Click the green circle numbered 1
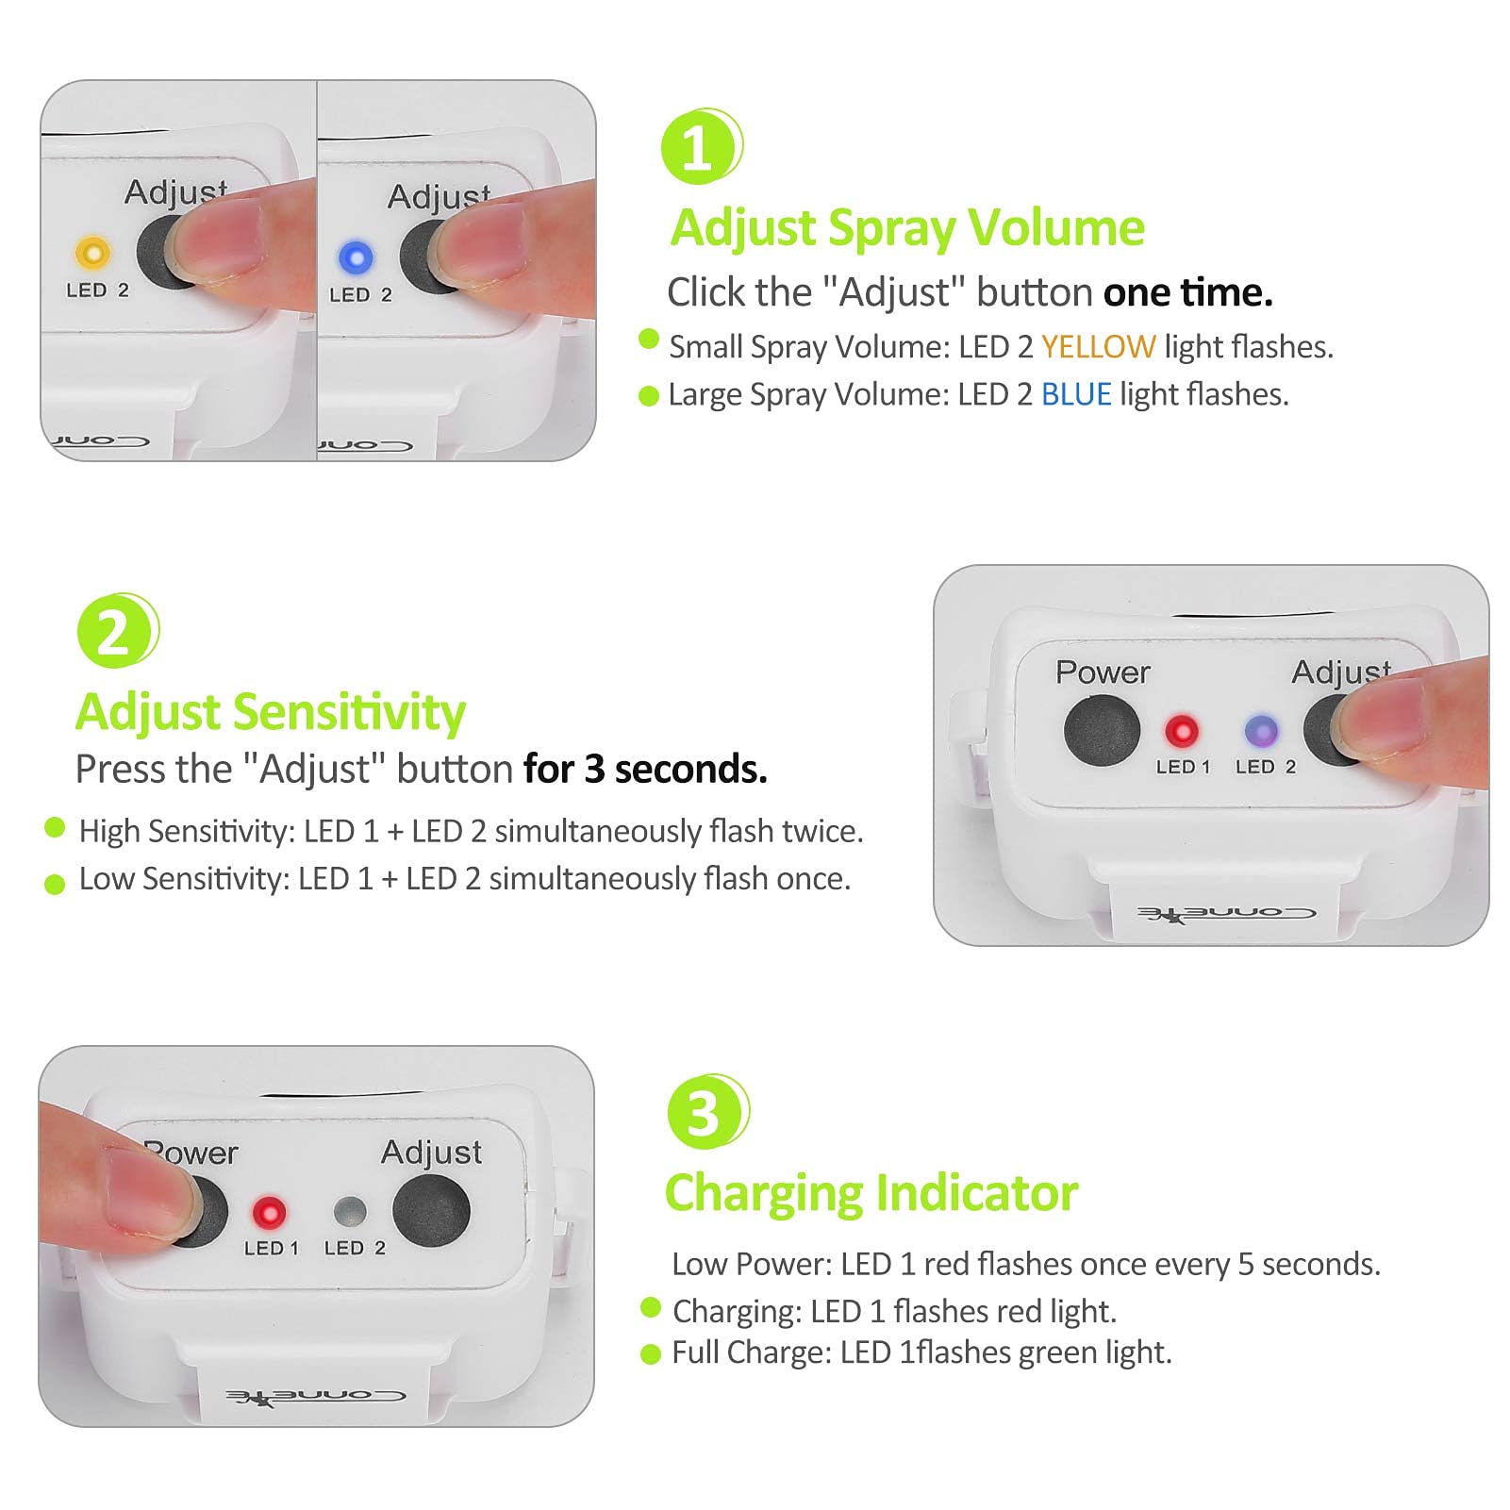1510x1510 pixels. [701, 146]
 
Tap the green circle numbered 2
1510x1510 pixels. [117, 631]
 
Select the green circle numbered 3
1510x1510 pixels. [707, 1112]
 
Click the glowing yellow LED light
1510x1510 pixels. [92, 253]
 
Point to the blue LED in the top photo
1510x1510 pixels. [356, 257]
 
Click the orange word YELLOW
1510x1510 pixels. [1098, 347]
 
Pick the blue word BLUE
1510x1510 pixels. [1076, 394]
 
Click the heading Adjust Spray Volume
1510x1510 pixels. [907, 228]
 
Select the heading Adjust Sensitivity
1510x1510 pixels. [271, 712]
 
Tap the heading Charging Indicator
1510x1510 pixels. [871, 1193]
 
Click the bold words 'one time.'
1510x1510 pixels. [1188, 292]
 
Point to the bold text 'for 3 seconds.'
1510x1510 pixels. [646, 770]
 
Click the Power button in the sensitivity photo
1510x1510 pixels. [1102, 731]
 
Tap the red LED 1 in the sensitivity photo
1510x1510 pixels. [1182, 731]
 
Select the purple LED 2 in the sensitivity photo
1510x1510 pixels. [1261, 731]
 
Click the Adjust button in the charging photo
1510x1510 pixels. [431, 1210]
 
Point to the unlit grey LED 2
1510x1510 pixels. [351, 1212]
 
